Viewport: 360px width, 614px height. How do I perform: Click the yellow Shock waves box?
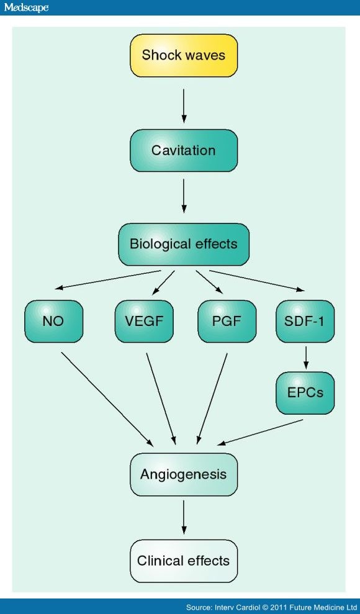(x=184, y=55)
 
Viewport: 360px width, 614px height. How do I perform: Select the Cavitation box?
(x=184, y=150)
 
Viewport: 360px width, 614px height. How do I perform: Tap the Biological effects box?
(x=184, y=244)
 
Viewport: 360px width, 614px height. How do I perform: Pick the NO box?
(x=53, y=321)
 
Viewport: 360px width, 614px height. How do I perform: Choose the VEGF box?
(x=144, y=321)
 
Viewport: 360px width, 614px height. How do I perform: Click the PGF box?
(x=227, y=321)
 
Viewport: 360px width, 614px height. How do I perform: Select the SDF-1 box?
(x=305, y=321)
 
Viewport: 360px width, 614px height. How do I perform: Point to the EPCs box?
(x=305, y=393)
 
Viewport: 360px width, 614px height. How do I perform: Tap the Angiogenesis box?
(x=184, y=474)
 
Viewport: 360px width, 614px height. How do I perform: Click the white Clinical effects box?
(x=184, y=561)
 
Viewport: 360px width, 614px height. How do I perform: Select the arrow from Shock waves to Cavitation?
(x=184, y=106)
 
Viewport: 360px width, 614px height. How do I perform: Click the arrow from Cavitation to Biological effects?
(x=184, y=196)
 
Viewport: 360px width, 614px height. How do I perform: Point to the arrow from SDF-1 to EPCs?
(x=305, y=357)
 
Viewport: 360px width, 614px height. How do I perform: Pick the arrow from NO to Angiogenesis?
(x=107, y=399)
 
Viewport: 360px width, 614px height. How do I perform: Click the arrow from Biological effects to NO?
(x=108, y=279)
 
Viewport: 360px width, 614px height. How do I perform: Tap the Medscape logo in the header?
(x=26, y=7)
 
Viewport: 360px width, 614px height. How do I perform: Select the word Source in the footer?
(x=198, y=607)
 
